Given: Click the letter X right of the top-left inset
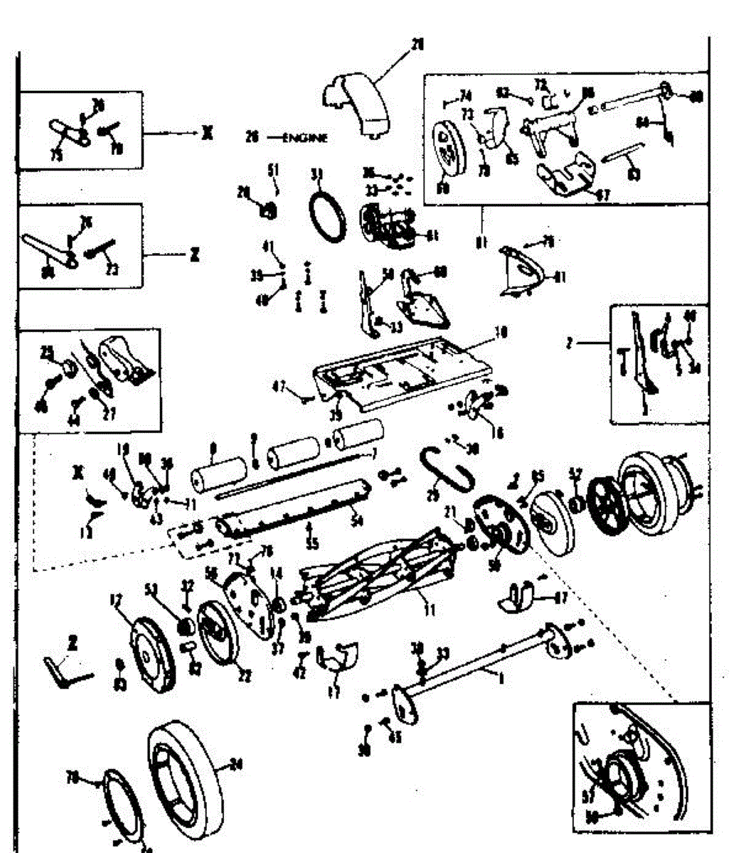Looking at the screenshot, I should coord(206,133).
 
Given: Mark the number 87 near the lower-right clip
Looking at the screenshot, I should coord(561,599).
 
